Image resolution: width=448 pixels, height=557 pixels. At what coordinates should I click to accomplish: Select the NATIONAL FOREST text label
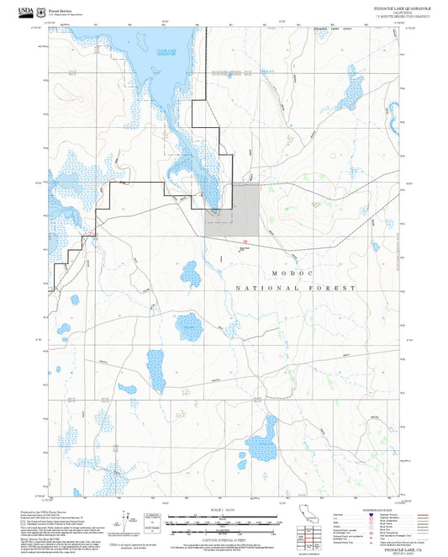pyautogui.click(x=295, y=288)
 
